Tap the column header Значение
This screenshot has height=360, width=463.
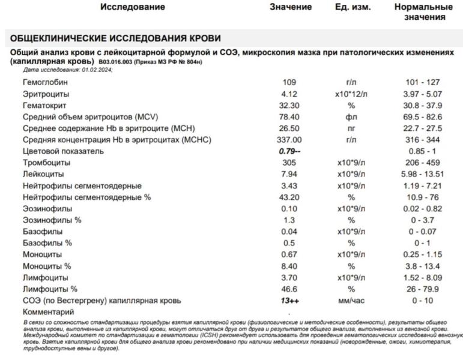(x=291, y=7)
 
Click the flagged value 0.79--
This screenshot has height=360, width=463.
(x=291, y=151)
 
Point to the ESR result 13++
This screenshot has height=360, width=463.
(x=291, y=301)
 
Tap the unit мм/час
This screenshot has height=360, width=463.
(x=352, y=301)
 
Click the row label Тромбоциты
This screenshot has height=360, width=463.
(x=46, y=163)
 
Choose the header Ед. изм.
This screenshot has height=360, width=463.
(x=353, y=7)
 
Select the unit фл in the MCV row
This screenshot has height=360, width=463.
(x=352, y=116)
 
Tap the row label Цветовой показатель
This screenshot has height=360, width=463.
(x=63, y=151)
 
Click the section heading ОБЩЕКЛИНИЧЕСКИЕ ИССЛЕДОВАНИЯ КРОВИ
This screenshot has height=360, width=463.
(x=115, y=39)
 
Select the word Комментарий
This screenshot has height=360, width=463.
(x=48, y=312)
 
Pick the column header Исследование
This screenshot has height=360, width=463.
(x=132, y=7)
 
